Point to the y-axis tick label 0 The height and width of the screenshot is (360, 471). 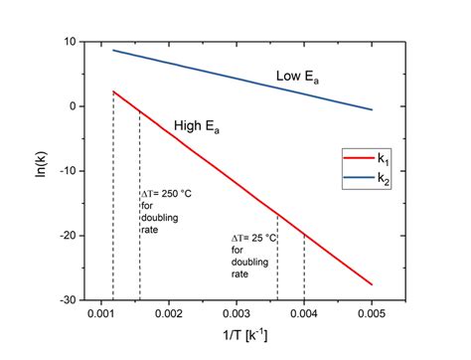(69, 106)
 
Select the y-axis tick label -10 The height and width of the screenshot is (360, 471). (63, 171)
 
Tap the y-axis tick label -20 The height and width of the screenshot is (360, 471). (63, 236)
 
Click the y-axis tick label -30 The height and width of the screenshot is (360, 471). (63, 299)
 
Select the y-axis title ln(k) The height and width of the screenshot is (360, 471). (37, 170)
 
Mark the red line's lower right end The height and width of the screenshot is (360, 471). (372, 284)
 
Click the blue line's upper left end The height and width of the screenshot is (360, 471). (113, 50)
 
